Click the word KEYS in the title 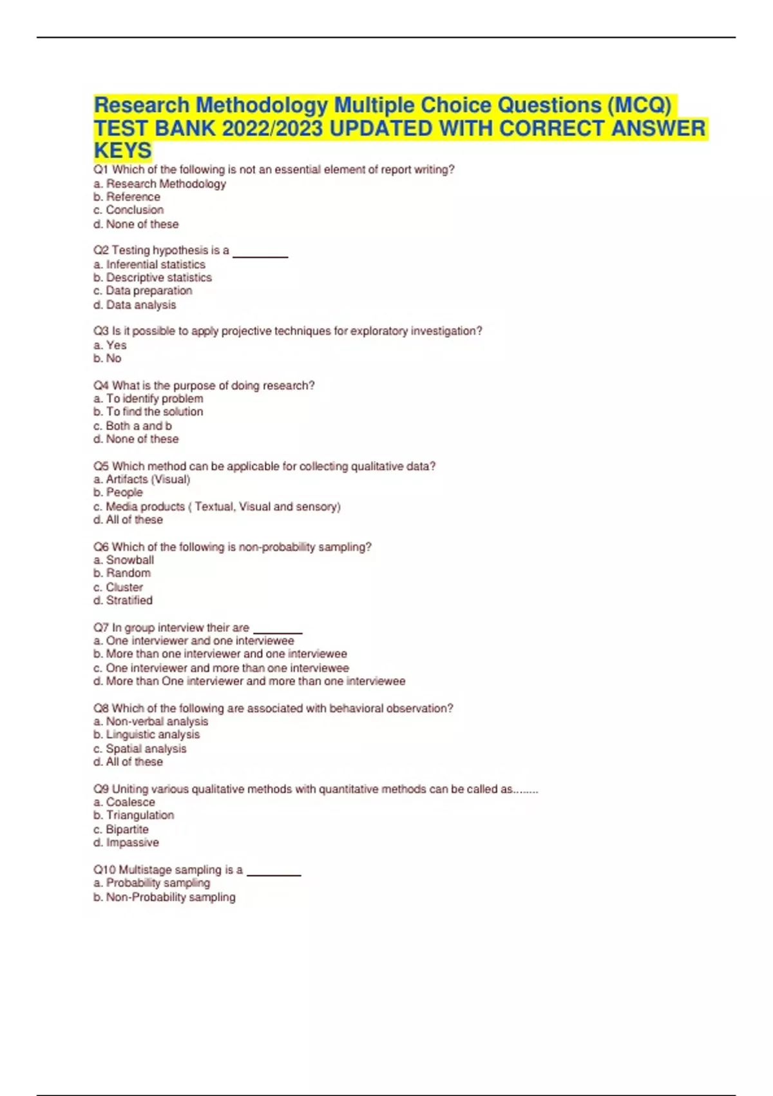pos(123,150)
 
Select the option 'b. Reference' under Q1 pos(127,197)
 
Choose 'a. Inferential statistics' pos(149,264)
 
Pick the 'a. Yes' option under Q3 pos(110,345)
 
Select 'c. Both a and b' pos(133,426)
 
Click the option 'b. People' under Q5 pos(118,492)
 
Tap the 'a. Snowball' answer pos(124,560)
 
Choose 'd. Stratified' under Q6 pos(123,600)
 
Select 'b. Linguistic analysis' pos(147,734)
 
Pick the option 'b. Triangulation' pos(134,815)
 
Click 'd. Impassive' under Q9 pos(126,842)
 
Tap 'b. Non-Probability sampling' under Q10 pos(164,897)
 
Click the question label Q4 pos(101,386)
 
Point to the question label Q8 pos(101,708)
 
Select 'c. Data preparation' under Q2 pos(143,291)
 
